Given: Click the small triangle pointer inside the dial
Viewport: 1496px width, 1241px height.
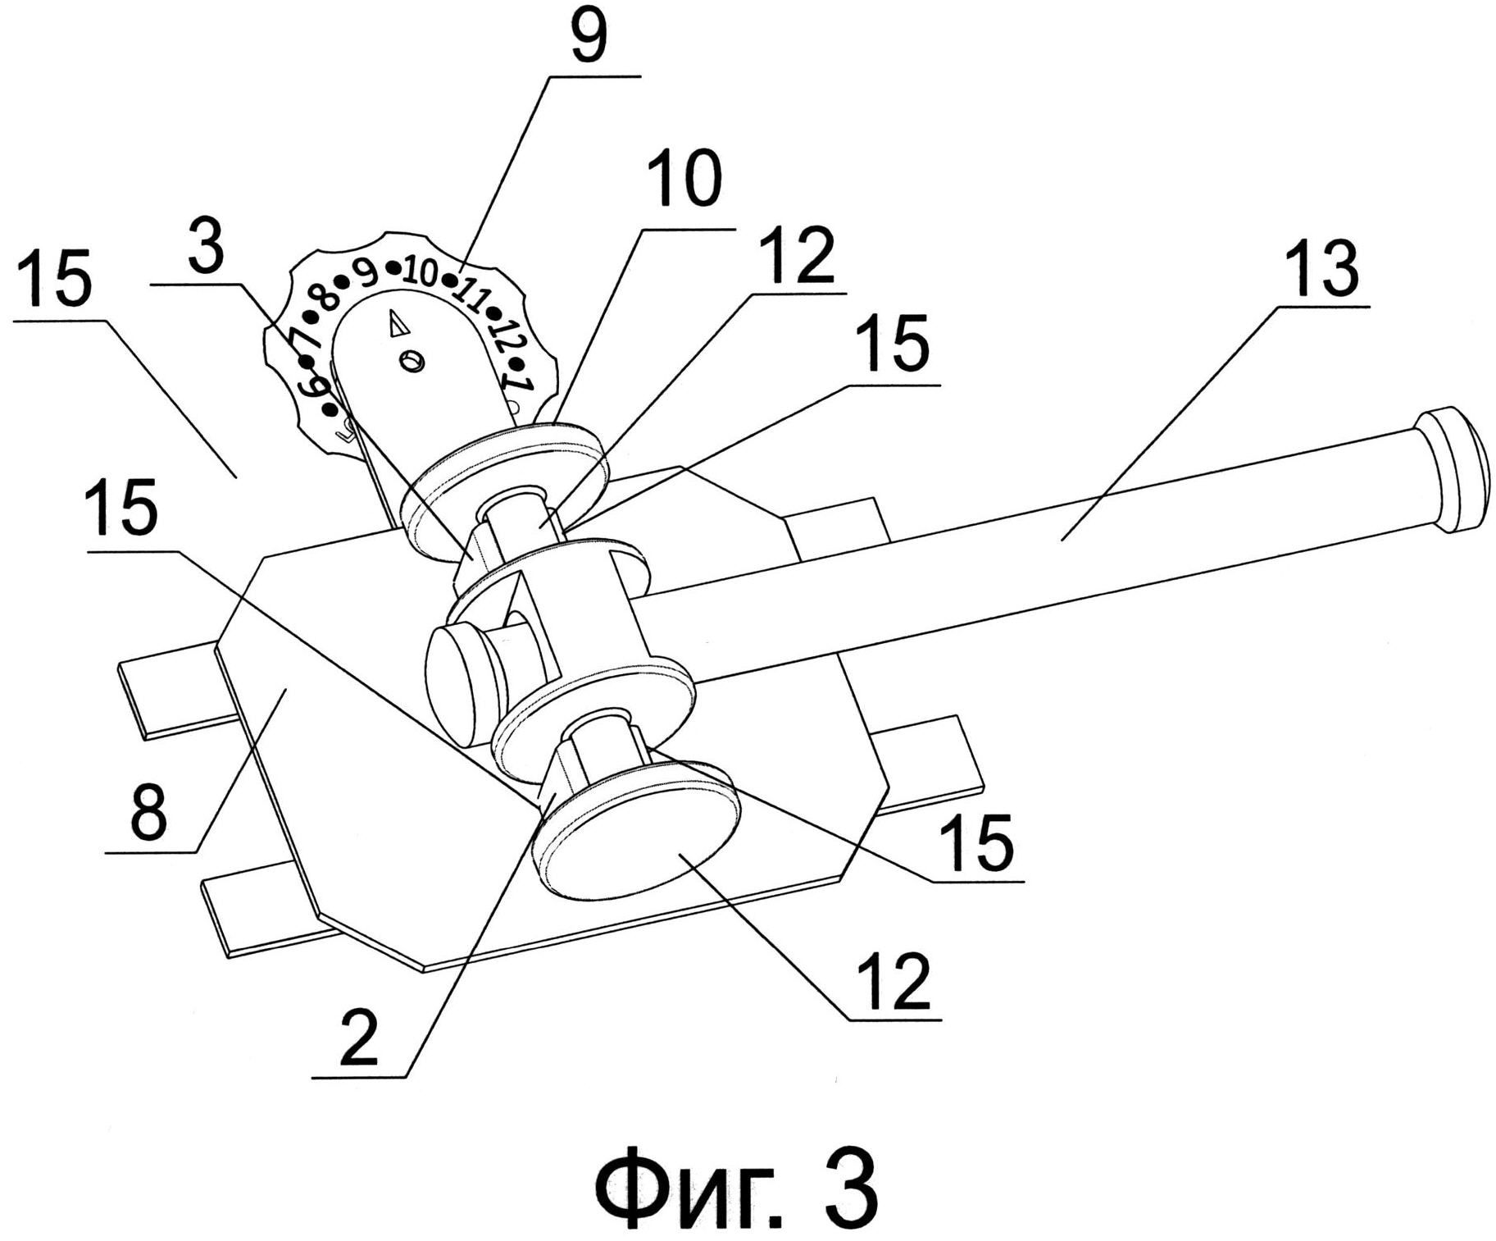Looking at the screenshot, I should coord(399,323).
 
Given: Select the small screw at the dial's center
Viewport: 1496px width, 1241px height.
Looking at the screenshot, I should coord(412,361).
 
